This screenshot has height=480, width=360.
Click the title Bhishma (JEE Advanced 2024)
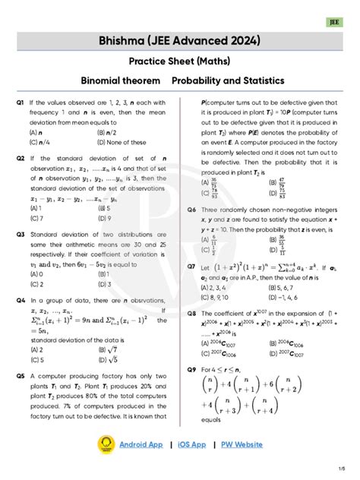pyautogui.click(x=180, y=39)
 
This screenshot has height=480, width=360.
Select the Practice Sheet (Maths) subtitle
pyautogui.click(x=180, y=60)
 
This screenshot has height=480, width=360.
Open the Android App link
pyautogui.click(x=141, y=444)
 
